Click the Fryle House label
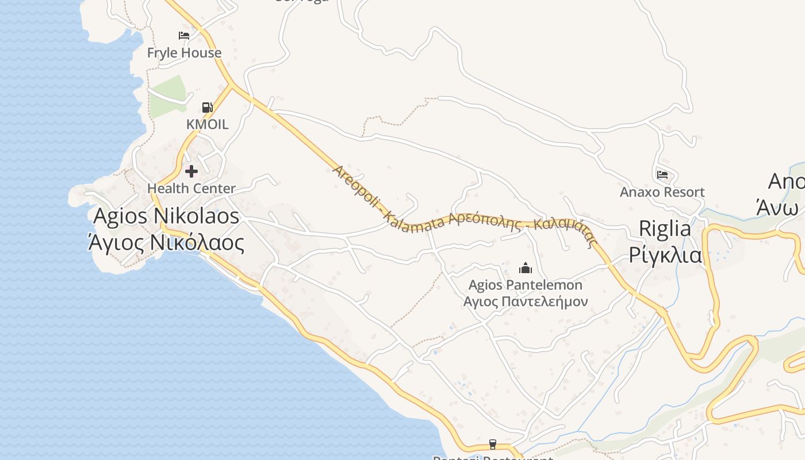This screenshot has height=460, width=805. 184,53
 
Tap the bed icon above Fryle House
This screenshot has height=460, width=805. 184,36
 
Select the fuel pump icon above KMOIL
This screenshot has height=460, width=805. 207,107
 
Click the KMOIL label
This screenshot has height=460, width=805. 207,124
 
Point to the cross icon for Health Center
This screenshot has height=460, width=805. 191,171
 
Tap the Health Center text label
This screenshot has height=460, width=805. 191,189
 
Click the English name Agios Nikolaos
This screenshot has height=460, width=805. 166,216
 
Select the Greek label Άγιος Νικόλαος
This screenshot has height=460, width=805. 166,243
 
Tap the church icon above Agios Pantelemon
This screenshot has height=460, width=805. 525,268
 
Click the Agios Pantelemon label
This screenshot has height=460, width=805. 525,285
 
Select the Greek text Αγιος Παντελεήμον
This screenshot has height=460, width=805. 525,301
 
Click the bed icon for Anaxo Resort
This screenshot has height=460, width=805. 662,174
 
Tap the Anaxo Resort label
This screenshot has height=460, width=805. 662,192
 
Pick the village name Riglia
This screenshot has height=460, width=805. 665,229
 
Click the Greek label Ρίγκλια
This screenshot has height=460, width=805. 665,254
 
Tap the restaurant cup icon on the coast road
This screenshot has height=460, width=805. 492,444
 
